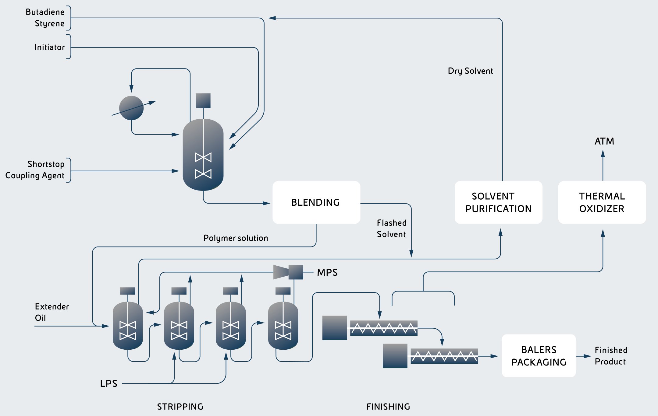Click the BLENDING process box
[x=316, y=202]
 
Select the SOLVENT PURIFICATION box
[x=498, y=202]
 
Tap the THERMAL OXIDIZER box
[x=602, y=202]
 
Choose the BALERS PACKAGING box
[x=539, y=356]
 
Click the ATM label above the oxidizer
[x=604, y=141]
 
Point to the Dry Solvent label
[x=470, y=71]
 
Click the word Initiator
[x=49, y=47]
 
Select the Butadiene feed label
[x=45, y=12]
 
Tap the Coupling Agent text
[x=35, y=176]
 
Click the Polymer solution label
[x=236, y=238]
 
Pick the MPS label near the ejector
[x=327, y=272]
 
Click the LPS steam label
[x=109, y=383]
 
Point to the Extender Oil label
[x=51, y=312]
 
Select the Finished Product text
[x=611, y=356]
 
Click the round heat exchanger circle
[x=131, y=108]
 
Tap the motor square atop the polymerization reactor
[x=203, y=101]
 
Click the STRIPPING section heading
[x=180, y=407]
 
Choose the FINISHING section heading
[x=388, y=407]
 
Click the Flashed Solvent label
[x=392, y=229]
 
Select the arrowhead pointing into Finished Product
[x=587, y=356]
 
